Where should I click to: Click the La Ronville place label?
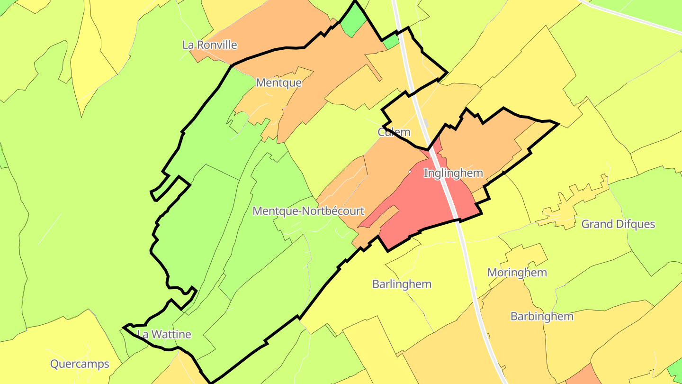209,45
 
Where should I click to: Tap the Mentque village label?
278,82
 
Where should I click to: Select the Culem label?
394,132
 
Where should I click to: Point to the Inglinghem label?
453,173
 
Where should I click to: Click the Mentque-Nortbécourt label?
308,211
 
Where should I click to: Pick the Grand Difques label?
618,224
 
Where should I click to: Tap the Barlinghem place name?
402,284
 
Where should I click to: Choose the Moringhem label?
517,273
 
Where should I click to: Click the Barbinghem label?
542,316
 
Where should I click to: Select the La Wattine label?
164,334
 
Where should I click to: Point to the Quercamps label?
80,364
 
